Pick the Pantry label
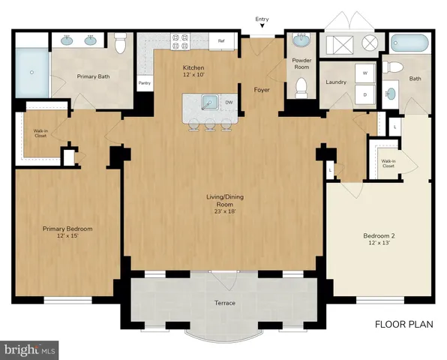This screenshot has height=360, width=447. (143, 83)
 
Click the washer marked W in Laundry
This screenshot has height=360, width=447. (366, 73)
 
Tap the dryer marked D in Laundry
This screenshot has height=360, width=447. (366, 95)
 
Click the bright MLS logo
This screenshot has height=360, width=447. (30, 349)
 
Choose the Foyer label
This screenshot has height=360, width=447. (262, 90)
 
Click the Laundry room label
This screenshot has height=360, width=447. (335, 82)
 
